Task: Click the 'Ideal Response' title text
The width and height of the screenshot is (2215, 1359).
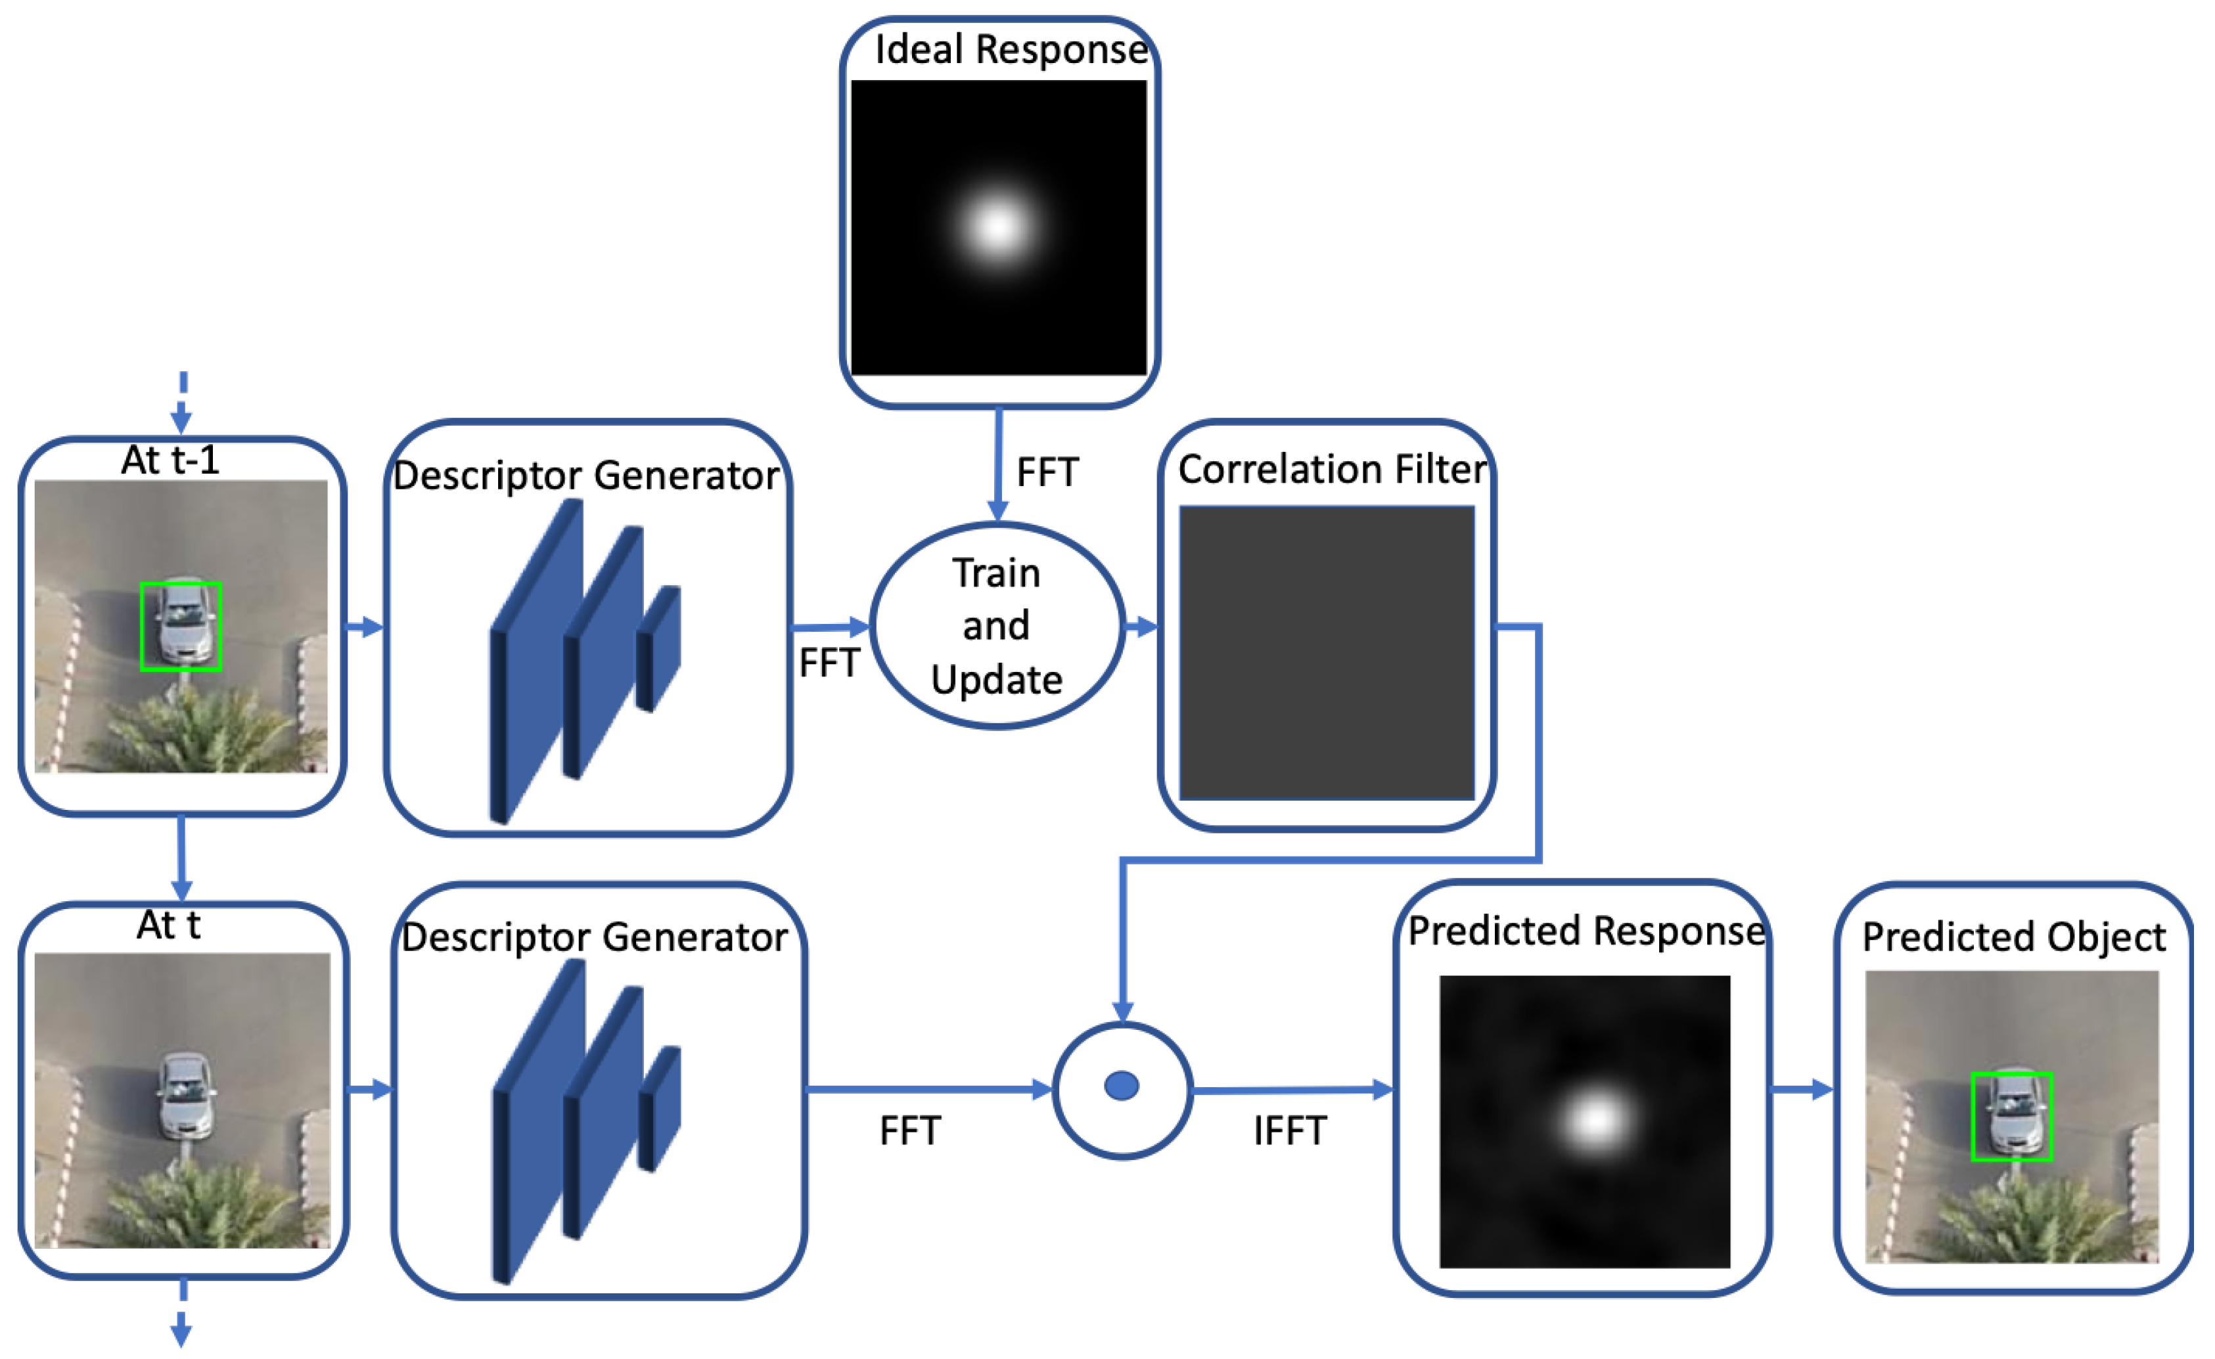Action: click(x=1011, y=49)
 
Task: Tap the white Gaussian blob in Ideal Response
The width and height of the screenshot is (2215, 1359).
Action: click(x=998, y=227)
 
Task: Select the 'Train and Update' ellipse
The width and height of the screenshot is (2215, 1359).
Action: click(x=997, y=625)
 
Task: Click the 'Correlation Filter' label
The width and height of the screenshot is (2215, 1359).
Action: click(x=1333, y=469)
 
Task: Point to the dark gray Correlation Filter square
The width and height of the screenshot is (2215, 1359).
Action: click(x=1327, y=652)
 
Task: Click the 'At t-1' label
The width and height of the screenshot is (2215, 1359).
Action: click(x=170, y=461)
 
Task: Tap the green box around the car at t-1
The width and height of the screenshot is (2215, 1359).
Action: click(x=181, y=627)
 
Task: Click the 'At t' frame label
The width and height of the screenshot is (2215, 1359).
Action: click(x=168, y=925)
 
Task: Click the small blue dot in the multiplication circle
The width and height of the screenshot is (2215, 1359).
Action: click(x=1122, y=1086)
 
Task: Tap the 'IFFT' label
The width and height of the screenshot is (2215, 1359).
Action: click(x=1290, y=1130)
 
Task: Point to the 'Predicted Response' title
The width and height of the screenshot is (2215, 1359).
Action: click(x=1586, y=931)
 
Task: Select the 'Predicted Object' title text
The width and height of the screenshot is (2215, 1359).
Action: click(x=2014, y=937)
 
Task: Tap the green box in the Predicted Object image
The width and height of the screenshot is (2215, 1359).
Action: click(x=2012, y=1117)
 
